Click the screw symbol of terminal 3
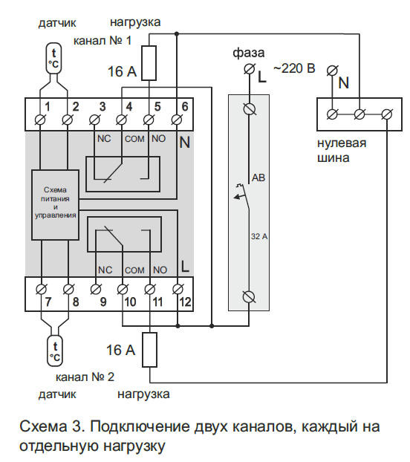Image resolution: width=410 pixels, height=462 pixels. click(94, 120)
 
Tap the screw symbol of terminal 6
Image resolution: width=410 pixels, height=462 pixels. click(177, 120)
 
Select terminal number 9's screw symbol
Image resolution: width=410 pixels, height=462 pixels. click(95, 290)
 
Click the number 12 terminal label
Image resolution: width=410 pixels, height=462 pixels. click(185, 302)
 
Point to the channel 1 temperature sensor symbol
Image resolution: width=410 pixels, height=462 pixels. click(53, 58)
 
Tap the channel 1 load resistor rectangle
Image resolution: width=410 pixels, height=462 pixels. click(149, 62)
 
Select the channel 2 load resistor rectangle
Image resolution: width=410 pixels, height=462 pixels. click(149, 350)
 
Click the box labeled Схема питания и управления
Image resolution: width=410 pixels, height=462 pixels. click(56, 205)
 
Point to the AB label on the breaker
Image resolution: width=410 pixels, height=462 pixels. click(258, 178)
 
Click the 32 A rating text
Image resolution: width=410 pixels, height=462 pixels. click(259, 236)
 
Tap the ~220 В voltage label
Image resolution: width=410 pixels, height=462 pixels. click(294, 68)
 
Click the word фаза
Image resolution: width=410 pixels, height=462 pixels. click(249, 53)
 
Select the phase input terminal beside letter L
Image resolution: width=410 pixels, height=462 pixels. click(249, 70)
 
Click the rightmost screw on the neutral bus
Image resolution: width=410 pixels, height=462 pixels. click(387, 114)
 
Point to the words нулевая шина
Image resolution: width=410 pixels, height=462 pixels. click(342, 150)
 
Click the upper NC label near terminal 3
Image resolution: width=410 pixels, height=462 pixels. click(104, 138)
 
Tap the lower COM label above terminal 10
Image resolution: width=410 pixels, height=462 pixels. click(134, 270)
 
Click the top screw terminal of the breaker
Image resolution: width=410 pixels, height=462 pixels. click(250, 108)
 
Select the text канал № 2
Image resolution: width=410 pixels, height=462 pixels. click(85, 377)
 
